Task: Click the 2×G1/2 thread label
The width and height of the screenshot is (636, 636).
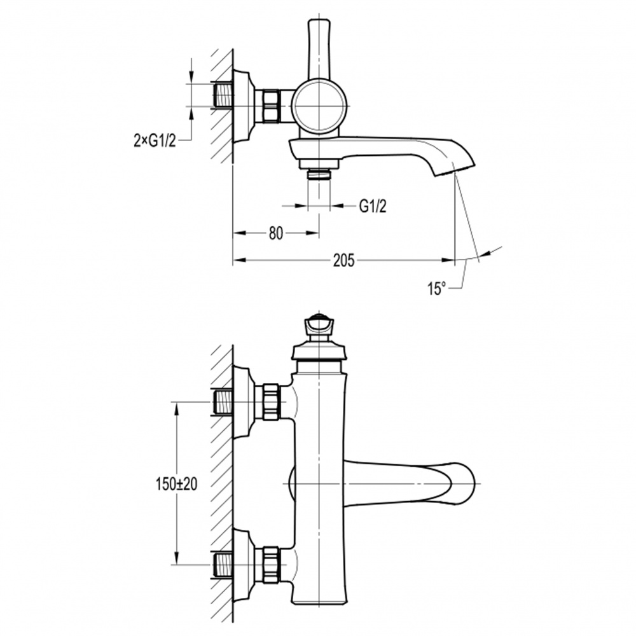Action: coord(155,141)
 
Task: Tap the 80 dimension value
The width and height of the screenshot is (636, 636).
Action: coord(276,233)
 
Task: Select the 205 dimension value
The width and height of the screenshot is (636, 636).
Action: coord(344,260)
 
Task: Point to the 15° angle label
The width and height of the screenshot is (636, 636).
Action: coord(436,289)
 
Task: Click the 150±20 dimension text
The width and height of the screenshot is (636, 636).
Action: coord(176,484)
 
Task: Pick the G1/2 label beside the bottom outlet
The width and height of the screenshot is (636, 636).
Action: coord(373,207)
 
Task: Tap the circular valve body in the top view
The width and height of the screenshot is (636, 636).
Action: coord(320,106)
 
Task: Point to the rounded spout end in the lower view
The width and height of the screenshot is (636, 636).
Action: coord(462,483)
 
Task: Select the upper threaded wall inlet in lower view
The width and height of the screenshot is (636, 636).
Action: coord(221,402)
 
